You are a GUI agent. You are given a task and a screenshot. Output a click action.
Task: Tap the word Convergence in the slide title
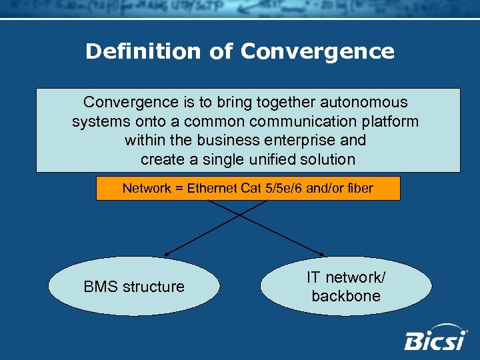pos(317,51)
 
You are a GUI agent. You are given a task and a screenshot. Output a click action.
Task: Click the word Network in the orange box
pos(147,189)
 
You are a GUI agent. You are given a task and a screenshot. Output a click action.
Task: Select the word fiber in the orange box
pos(359,189)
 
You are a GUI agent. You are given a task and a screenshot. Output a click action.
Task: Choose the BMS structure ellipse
pos(134,286)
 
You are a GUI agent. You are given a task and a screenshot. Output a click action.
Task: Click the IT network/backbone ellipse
pos(346,287)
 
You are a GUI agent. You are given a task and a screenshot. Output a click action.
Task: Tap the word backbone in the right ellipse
pos(346,296)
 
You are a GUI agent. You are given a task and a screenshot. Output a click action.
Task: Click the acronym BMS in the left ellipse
pos(99,287)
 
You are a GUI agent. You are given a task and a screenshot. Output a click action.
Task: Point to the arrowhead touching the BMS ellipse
pos(166,255)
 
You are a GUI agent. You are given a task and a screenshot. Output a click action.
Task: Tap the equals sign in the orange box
pos(179,189)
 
